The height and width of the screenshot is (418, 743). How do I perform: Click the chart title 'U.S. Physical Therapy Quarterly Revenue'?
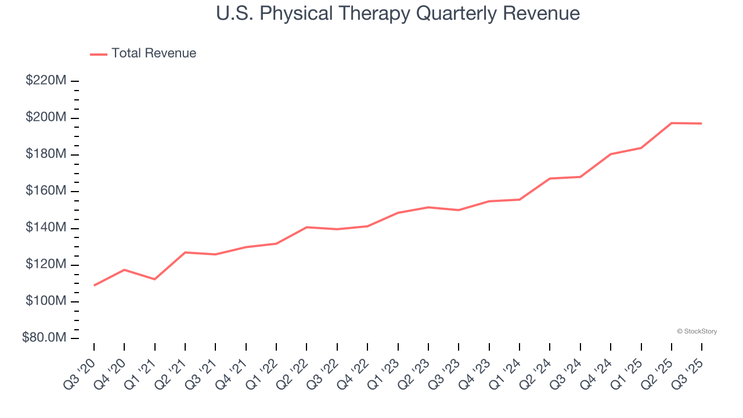coord(398,13)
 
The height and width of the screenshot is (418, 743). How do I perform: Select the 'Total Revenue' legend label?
coord(154,53)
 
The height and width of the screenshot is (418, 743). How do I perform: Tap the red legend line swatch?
coord(99,54)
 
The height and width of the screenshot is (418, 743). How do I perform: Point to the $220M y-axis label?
coord(46,81)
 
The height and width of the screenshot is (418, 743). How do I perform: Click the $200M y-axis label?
coord(46,118)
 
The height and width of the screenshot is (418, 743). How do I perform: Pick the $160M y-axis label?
coord(46,191)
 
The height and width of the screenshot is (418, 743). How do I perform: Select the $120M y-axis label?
coord(46,265)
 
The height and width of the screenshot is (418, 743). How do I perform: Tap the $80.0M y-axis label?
coord(44,338)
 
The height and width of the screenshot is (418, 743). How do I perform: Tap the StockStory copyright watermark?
coord(697,331)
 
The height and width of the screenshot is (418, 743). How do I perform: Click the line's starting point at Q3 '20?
coord(94,285)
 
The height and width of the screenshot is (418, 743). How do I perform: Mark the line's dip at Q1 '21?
coord(154,279)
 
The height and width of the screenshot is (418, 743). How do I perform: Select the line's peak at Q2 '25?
coord(672,123)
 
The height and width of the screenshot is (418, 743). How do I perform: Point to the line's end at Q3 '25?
coord(702,124)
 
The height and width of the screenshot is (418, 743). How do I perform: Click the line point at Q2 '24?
coord(550,178)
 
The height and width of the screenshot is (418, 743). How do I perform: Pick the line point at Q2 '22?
coord(306,227)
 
